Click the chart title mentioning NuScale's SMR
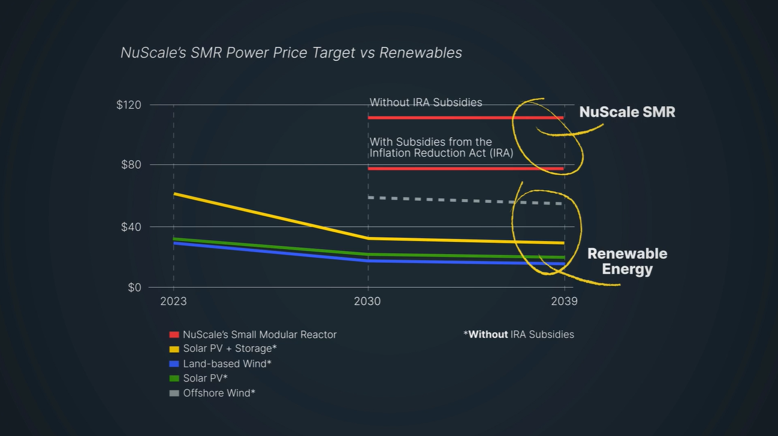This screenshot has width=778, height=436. [x=291, y=53]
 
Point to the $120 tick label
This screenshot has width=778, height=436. [x=129, y=105]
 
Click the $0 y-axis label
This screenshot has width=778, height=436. [x=134, y=287]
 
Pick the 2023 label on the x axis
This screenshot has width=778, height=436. [x=173, y=301]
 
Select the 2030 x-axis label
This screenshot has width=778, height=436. [x=367, y=301]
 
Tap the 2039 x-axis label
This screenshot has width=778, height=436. [x=563, y=301]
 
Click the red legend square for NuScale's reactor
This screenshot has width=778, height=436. [x=174, y=335]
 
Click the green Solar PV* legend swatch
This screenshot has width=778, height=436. [x=174, y=379]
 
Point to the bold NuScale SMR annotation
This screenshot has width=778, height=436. [x=627, y=112]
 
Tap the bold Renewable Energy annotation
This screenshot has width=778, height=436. [x=627, y=261]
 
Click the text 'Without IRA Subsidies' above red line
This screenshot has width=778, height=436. [x=426, y=102]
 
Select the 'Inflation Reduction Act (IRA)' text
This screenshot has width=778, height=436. [x=441, y=153]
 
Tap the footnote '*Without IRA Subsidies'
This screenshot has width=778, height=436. [x=518, y=334]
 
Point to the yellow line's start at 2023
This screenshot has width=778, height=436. [x=174, y=194]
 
